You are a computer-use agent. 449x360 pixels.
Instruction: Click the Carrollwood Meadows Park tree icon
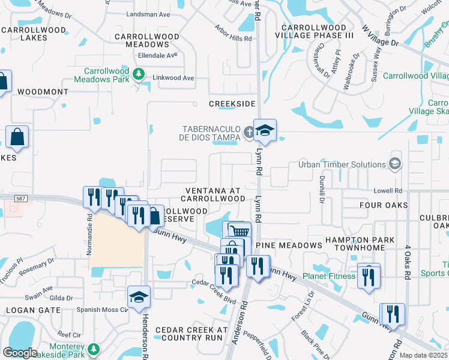click(x=139, y=74)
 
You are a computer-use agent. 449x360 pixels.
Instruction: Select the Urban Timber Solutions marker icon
click(x=394, y=164)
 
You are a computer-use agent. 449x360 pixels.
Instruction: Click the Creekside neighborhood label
click(x=232, y=104)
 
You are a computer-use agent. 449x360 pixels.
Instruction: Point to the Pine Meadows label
click(x=289, y=245)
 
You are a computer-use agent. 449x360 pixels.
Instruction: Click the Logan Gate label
click(x=33, y=310)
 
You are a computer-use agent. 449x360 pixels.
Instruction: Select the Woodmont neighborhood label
click(x=43, y=92)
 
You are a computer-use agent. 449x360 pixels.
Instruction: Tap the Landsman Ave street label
click(x=149, y=14)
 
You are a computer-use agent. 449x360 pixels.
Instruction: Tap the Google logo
click(x=20, y=353)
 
